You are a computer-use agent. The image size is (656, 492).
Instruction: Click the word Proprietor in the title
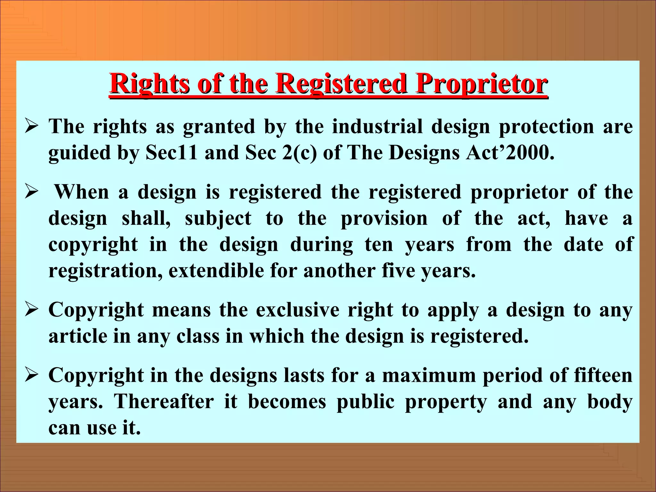[481, 84]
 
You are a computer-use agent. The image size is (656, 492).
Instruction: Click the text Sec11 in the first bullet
[171, 152]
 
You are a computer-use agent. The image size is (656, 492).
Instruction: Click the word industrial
[377, 126]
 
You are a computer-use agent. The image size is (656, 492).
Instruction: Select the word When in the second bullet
[82, 192]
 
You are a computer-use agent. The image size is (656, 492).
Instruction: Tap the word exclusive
[298, 310]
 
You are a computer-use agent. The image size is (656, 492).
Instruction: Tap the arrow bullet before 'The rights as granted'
[32, 127]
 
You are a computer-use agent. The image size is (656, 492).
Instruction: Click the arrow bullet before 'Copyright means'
[32, 310]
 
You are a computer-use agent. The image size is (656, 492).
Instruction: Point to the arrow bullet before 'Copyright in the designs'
[32, 376]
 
